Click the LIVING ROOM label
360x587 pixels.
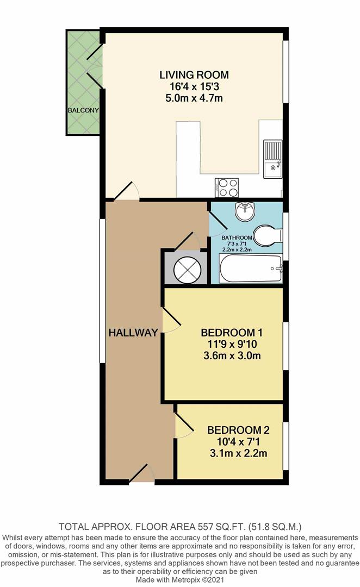coord(194,75)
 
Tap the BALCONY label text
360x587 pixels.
coord(83,110)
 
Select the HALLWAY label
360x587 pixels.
coord(133,332)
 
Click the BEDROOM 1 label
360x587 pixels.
coord(228,333)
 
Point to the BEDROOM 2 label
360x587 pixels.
coord(238,430)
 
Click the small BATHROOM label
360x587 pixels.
coord(237,238)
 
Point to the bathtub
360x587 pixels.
coord(250,269)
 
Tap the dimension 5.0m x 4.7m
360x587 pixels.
coord(194,98)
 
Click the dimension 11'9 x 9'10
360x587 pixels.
coord(228,345)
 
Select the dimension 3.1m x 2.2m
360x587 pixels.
coord(238,453)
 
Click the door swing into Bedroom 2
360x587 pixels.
coord(183,426)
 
